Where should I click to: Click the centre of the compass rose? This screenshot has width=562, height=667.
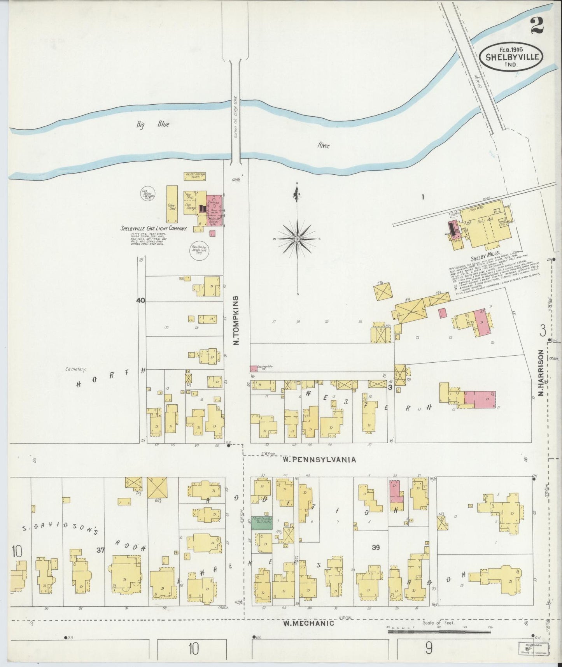click(x=297, y=238)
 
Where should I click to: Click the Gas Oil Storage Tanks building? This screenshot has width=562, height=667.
click(x=195, y=176)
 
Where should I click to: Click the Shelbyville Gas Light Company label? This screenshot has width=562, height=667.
click(x=154, y=229)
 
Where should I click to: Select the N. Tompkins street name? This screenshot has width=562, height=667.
click(x=236, y=320)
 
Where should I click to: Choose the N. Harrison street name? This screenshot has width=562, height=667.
click(x=541, y=373)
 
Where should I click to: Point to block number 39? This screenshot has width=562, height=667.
click(x=375, y=547)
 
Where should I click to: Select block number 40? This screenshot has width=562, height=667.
click(x=140, y=300)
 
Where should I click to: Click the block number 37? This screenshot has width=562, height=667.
click(x=101, y=549)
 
